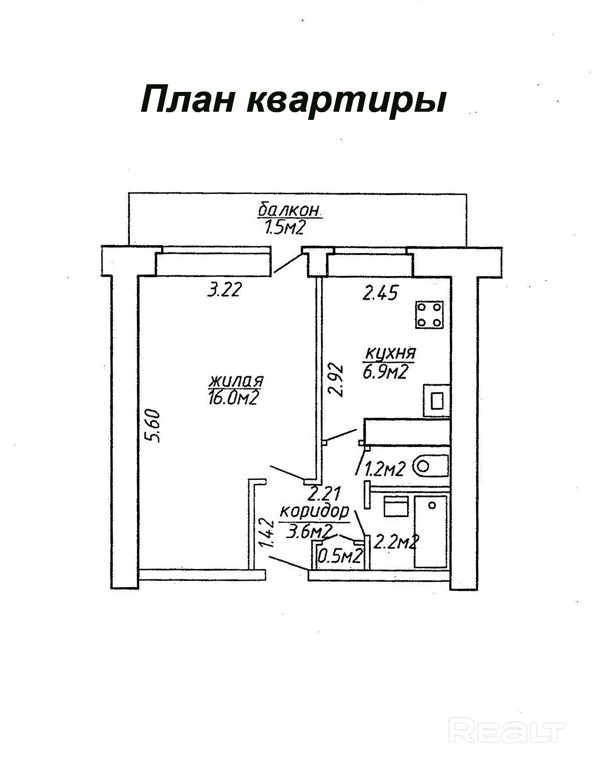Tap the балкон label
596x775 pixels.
289,210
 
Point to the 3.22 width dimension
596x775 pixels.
224,290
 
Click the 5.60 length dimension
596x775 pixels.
154,425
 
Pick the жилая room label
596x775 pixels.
236,381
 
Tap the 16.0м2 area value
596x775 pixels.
233,398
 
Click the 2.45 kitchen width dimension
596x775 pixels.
380,293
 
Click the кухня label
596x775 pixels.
390,353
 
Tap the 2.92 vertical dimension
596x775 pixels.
337,380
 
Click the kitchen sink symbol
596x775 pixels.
436,400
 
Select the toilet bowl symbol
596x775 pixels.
432,466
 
